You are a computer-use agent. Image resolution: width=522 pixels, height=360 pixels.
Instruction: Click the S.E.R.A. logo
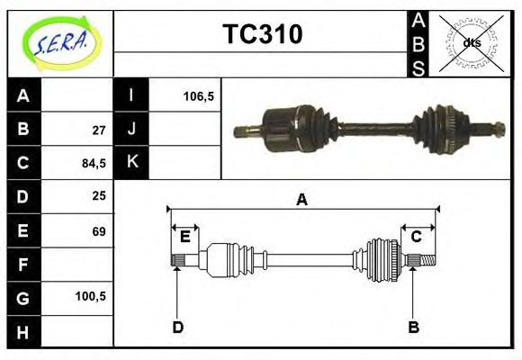click(61, 42)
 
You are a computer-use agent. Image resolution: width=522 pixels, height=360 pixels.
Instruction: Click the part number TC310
click(262, 35)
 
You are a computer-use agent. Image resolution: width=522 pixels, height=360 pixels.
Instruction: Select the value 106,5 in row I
click(198, 95)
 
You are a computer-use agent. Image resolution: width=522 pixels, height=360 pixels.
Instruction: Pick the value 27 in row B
click(99, 130)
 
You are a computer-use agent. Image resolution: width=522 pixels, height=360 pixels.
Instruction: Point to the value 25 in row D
click(99, 195)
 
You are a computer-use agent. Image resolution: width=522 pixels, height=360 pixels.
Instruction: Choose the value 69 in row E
click(99, 231)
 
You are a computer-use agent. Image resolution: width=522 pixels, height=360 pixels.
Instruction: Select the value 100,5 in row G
click(92, 296)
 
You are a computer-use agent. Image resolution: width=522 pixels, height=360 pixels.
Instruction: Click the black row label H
click(24, 331)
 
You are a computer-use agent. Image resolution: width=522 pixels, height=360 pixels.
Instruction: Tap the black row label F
click(24, 265)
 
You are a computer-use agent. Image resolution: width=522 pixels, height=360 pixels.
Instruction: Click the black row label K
click(131, 162)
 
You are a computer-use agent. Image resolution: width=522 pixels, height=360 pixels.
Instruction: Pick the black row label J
click(131, 129)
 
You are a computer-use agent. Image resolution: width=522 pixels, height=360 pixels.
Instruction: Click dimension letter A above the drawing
click(302, 201)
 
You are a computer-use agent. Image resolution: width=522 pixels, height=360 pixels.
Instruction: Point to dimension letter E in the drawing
click(184, 237)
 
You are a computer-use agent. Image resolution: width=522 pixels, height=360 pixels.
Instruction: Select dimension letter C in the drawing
click(417, 237)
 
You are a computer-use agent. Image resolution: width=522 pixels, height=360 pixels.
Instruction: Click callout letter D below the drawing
click(177, 327)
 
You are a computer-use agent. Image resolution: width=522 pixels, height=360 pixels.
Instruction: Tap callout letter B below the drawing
click(413, 327)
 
